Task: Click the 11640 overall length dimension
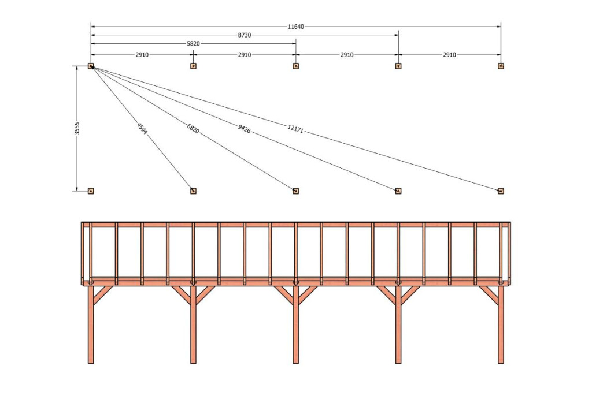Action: (x=295, y=27)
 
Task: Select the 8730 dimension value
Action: (x=244, y=35)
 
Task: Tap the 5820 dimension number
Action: (x=193, y=43)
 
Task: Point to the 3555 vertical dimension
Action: (x=77, y=128)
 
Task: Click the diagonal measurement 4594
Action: (x=142, y=128)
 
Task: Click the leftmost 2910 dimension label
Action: (x=142, y=55)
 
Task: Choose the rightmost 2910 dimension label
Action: (x=449, y=55)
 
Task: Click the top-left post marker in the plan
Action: (x=91, y=66)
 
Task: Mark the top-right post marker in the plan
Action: (x=501, y=66)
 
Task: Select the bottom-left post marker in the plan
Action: (x=91, y=191)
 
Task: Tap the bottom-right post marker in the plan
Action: (x=501, y=191)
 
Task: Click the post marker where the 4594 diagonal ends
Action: (x=193, y=191)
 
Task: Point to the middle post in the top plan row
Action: (x=295, y=66)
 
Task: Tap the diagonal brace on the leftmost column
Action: (x=103, y=295)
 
